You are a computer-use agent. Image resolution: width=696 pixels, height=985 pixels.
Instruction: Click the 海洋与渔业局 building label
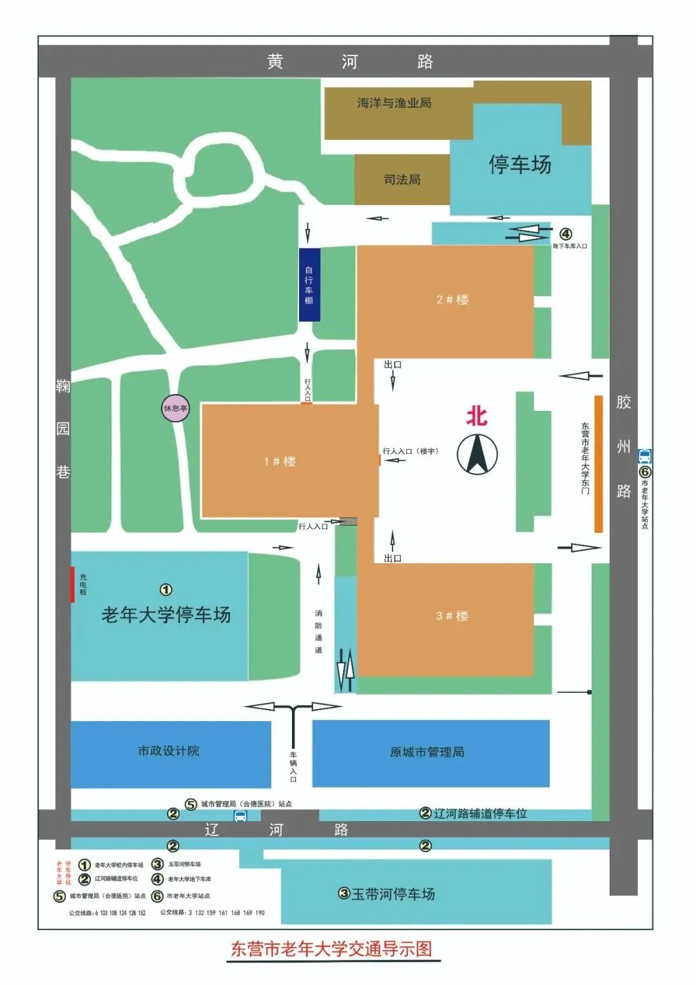click(x=394, y=103)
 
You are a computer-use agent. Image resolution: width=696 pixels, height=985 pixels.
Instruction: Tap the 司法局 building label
click(x=401, y=179)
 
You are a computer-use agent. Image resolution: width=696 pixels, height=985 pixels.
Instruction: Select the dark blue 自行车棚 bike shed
click(x=309, y=284)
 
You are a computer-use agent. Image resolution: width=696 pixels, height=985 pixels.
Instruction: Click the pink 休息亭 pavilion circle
click(x=175, y=408)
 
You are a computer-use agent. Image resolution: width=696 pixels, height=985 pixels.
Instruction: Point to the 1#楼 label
click(x=280, y=461)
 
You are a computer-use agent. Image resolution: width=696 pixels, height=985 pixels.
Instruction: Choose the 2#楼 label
click(x=452, y=299)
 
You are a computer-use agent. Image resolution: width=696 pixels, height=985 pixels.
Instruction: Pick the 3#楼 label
click(x=452, y=615)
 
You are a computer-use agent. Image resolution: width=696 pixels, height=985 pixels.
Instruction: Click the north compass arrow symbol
click(x=477, y=454)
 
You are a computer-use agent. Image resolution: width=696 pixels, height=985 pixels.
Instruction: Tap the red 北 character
click(x=476, y=417)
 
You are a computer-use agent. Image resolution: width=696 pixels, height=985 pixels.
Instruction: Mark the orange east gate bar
click(x=598, y=464)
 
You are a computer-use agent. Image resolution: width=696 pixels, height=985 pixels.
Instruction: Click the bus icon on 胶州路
click(x=644, y=456)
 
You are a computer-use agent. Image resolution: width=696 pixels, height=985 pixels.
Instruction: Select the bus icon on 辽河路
click(x=240, y=816)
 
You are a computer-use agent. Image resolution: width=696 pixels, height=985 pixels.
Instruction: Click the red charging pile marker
click(x=73, y=584)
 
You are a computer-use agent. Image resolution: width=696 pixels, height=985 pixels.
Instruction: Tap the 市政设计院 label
click(x=169, y=751)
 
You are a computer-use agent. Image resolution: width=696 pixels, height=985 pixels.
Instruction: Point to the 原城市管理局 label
click(x=427, y=752)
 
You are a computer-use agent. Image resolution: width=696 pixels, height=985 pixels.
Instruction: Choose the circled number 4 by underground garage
click(x=565, y=234)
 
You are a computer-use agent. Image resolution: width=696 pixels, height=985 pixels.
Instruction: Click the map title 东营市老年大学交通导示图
click(x=331, y=949)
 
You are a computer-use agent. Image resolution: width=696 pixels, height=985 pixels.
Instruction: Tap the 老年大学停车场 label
click(x=166, y=615)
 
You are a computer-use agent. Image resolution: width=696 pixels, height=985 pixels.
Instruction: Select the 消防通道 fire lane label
click(x=318, y=632)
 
